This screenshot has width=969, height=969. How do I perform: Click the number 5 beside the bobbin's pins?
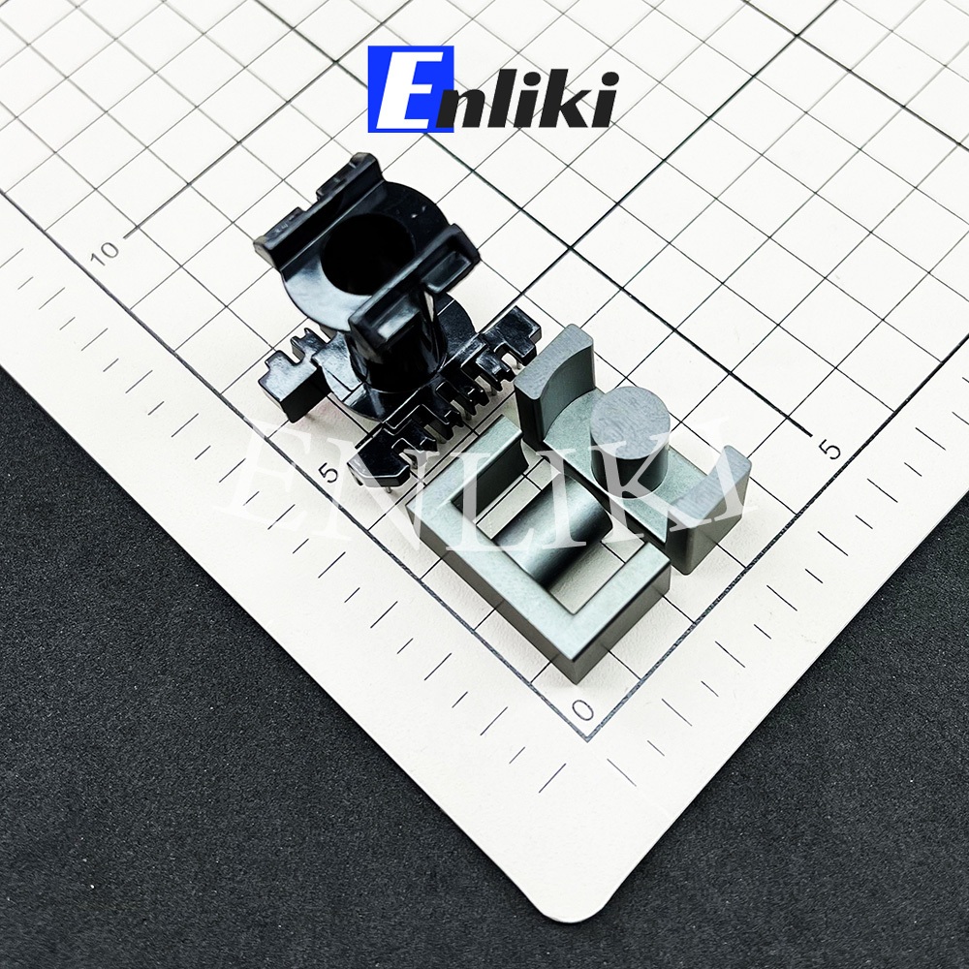click(x=328, y=474)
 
